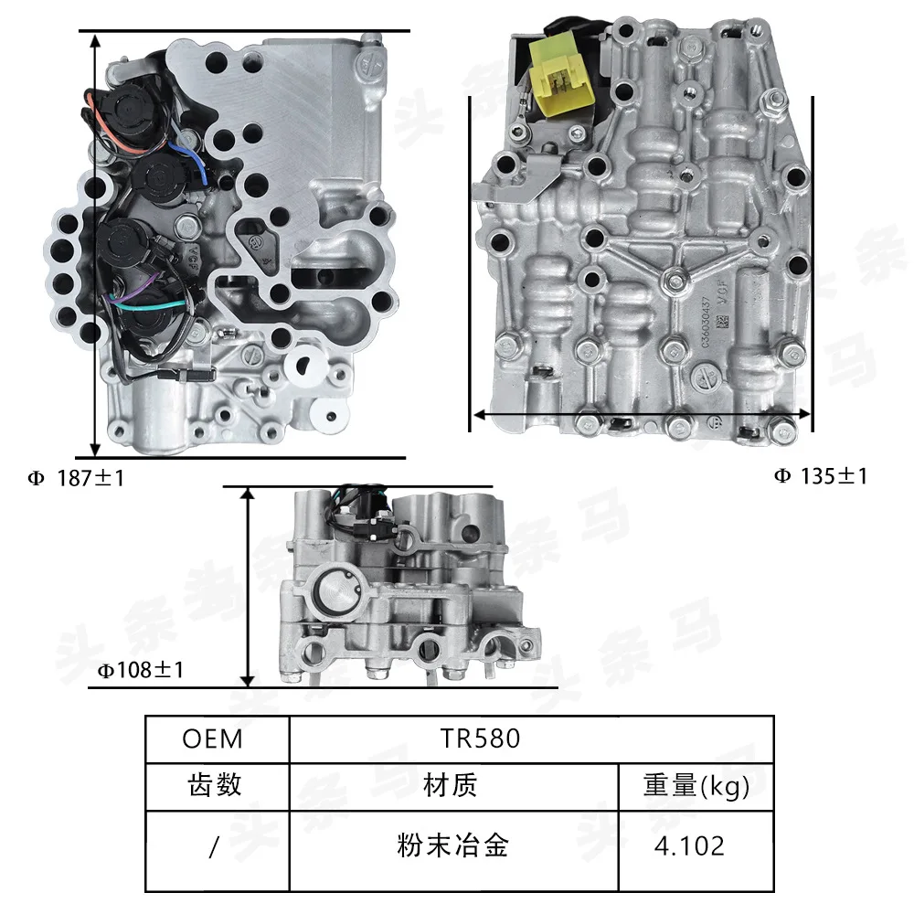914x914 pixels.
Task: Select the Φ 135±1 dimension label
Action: (x=820, y=475)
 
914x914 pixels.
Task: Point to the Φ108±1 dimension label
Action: (x=142, y=670)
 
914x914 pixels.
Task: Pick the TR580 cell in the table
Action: (x=479, y=739)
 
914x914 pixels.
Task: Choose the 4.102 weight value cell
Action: (x=688, y=845)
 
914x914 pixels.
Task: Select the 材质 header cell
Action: (x=451, y=786)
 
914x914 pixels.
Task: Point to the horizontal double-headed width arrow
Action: (x=641, y=414)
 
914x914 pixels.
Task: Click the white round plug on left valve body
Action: (x=301, y=367)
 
